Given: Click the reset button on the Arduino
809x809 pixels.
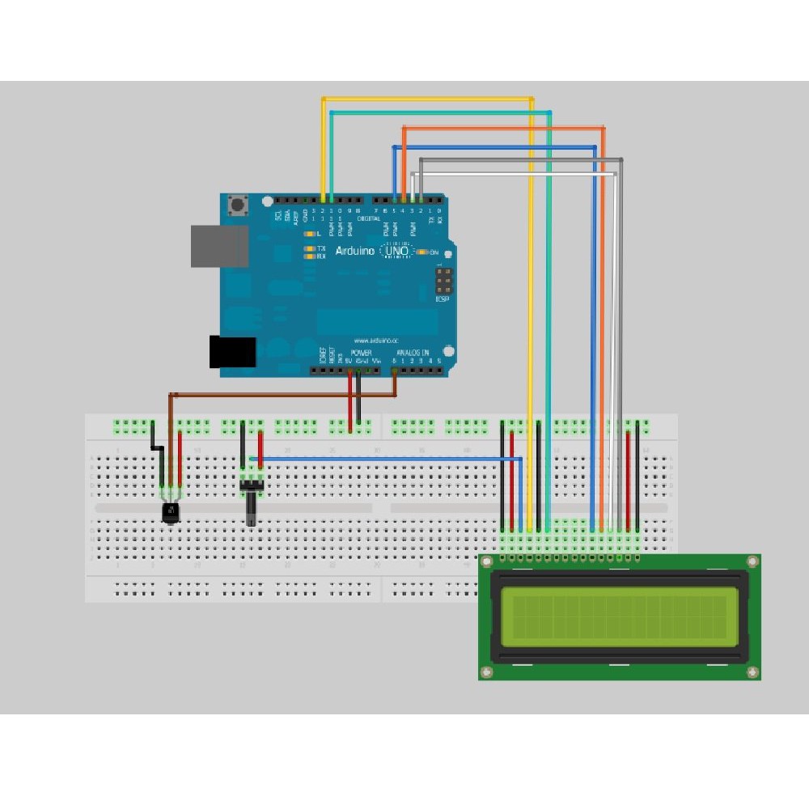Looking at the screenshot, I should (x=237, y=206).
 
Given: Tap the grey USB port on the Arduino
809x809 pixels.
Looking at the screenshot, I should (x=219, y=246).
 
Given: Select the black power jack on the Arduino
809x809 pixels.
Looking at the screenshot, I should (x=232, y=351).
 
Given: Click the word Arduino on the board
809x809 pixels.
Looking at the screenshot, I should (x=354, y=252).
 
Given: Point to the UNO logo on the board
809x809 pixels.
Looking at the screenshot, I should (x=397, y=252).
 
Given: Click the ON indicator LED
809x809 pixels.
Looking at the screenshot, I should (x=423, y=252).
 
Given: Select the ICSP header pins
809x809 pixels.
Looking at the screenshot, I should (x=444, y=282).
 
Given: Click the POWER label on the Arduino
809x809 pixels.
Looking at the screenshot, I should (x=361, y=354).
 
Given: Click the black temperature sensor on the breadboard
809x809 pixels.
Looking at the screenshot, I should (x=171, y=511).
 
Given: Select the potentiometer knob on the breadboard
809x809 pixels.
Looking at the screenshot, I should (x=251, y=510).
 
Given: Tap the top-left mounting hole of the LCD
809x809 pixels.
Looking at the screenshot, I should (x=486, y=561).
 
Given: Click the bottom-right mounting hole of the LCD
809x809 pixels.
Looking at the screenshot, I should (x=752, y=671).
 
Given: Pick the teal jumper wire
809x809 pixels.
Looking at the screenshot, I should (x=549, y=324).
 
